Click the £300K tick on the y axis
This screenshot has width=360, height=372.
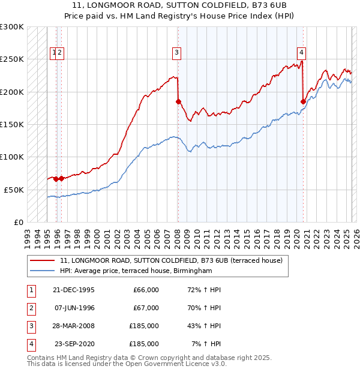(x=12, y=27)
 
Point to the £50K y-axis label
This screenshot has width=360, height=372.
(x=13, y=190)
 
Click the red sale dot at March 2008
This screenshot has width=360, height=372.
(x=178, y=102)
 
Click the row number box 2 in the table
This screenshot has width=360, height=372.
(x=30, y=308)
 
